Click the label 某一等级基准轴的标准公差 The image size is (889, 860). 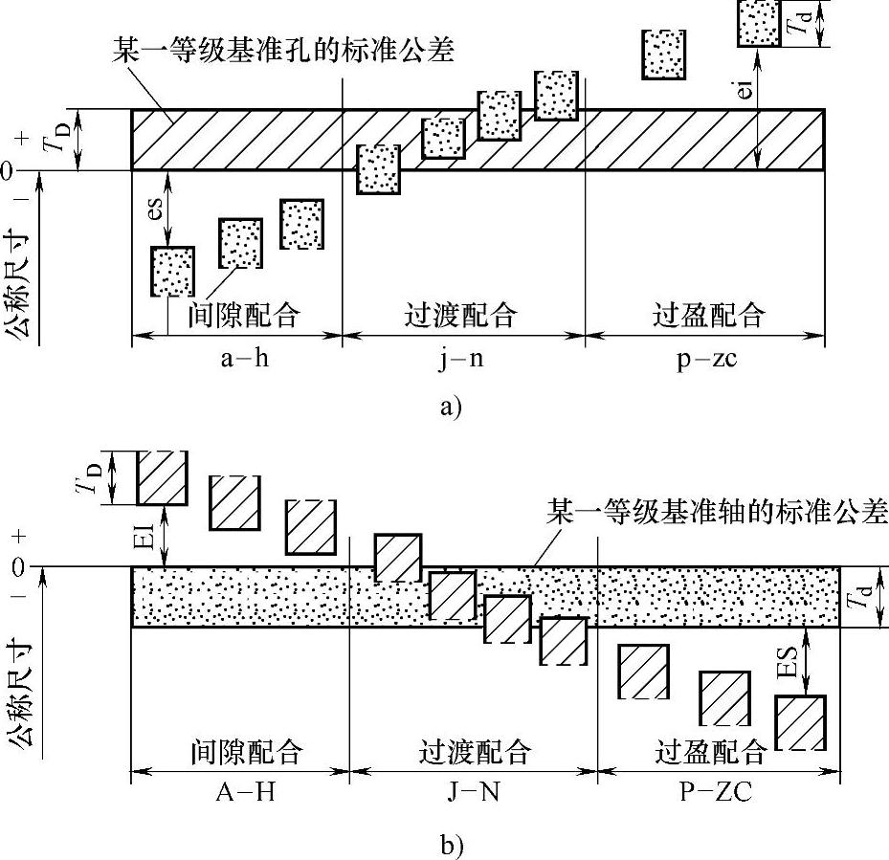717,510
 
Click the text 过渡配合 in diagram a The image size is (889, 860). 463,315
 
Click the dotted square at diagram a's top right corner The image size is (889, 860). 760,22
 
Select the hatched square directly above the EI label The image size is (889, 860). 164,477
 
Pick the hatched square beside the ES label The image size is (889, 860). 801,723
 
